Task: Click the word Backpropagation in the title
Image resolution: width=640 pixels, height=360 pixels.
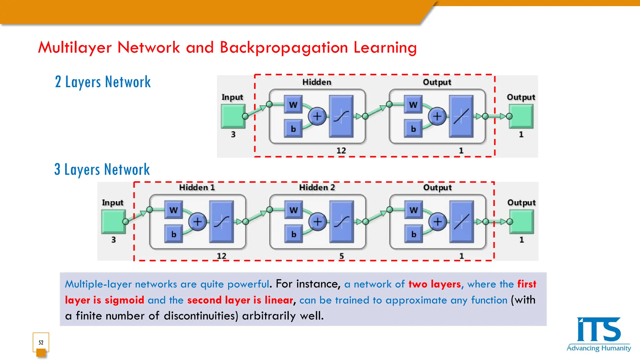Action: point(284,48)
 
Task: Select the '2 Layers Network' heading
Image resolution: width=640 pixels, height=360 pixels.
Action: point(103,82)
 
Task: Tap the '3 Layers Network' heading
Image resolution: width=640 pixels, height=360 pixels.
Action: point(102,170)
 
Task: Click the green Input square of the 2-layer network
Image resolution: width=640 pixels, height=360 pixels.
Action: point(233,116)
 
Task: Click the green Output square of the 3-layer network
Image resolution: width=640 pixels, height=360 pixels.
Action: point(521,222)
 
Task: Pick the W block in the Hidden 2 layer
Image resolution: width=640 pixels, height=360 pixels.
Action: point(293,210)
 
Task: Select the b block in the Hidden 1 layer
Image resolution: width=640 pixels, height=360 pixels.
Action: point(174,234)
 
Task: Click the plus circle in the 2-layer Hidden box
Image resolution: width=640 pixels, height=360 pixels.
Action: point(317,116)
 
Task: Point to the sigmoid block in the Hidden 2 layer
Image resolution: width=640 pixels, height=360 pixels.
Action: point(342,222)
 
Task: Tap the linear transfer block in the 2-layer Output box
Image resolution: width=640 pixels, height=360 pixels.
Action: point(461,116)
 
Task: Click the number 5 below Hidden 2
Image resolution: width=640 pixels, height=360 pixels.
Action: point(342,256)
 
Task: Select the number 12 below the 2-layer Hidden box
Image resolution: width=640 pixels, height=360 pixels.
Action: point(341,151)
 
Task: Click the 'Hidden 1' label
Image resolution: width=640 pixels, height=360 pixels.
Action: point(197,187)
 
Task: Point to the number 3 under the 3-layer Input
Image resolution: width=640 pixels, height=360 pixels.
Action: point(113,240)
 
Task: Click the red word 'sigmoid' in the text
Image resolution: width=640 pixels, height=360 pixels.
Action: point(124,300)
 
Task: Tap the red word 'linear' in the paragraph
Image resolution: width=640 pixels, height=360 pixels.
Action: point(279,300)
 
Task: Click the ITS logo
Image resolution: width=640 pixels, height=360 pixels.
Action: point(598,330)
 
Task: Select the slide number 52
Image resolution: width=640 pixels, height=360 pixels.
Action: point(41,342)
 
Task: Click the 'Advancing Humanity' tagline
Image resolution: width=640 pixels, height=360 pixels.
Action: point(599,348)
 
